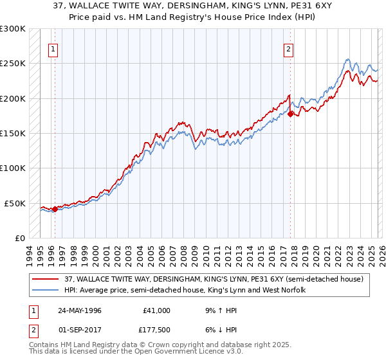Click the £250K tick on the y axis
pos(13,64)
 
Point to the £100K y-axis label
pos(13,168)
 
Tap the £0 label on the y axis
pos(19,238)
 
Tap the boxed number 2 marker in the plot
pos(289,48)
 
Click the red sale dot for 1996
pos(55,209)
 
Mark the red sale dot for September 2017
pos(291,114)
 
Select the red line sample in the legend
pos(46,279)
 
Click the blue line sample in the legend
pos(46,290)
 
